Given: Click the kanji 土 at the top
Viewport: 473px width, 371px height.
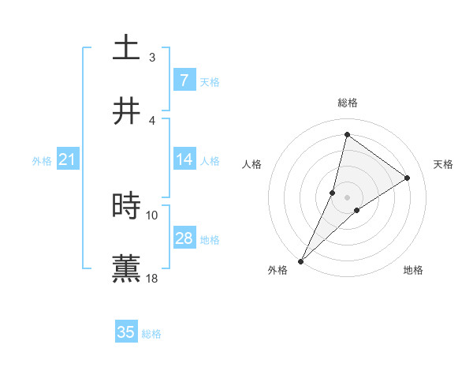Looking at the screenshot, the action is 126,48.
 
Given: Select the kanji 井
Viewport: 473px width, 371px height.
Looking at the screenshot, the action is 126,111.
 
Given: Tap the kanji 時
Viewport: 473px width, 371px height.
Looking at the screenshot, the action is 126,206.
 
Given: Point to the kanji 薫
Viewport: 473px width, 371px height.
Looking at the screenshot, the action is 126,268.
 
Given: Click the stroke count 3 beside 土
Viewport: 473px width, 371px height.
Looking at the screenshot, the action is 152,57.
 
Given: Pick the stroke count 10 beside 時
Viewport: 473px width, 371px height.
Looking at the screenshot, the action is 152,215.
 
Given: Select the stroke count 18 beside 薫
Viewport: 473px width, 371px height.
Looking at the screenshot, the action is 152,278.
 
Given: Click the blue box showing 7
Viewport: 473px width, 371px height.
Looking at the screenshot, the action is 184,81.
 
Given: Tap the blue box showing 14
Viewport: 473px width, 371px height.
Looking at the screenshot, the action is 184,159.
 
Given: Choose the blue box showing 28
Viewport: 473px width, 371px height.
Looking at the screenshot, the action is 184,238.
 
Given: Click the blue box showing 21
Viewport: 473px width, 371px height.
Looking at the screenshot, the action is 67,159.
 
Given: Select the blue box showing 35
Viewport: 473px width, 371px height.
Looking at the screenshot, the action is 126,332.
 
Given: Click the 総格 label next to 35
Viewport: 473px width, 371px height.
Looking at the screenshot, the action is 151,334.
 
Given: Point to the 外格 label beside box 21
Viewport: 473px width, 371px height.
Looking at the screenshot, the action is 42,161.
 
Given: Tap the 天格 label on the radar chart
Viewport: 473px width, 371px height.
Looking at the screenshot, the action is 443,164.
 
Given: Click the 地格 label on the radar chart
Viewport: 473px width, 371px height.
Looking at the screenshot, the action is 413,270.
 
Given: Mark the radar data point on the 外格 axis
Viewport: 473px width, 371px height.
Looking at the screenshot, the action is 301,260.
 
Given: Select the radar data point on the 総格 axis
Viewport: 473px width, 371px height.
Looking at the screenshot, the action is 347,134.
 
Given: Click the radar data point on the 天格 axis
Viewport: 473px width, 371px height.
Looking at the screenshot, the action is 408,178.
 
